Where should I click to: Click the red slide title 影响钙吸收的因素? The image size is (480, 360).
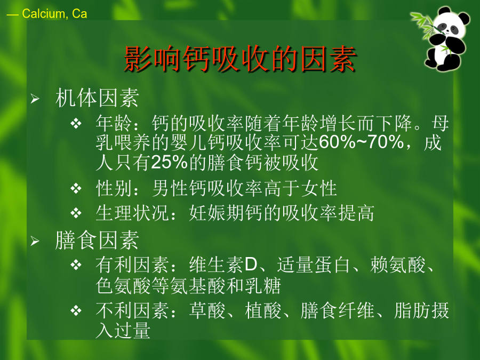241,59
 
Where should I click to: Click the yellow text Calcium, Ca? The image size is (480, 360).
54,14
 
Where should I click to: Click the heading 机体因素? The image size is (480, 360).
97,98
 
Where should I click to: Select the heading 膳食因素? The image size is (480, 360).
97,241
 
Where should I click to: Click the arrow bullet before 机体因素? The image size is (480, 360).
35,99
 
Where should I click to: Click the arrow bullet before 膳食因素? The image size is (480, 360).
35,241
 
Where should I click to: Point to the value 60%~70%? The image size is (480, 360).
362,142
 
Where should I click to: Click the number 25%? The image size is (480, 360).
169,162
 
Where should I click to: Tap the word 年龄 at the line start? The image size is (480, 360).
114,123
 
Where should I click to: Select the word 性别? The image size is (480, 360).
114,188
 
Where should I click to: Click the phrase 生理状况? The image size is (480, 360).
132,213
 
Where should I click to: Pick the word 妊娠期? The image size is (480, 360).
217,213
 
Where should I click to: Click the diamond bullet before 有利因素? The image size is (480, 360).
76,265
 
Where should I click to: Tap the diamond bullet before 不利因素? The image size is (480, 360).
76,311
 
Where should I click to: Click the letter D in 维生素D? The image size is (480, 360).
251,265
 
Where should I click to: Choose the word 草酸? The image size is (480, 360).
207,310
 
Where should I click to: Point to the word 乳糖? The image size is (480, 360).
262,285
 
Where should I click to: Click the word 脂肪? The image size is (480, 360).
412,310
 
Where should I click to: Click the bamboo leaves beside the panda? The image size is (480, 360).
424,25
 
